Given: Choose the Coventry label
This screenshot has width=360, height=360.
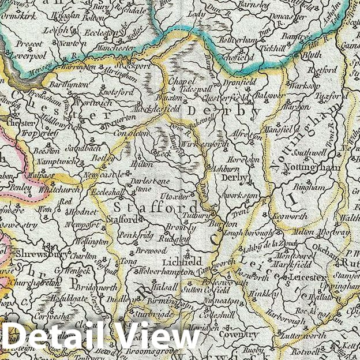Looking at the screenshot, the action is click(239, 335).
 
